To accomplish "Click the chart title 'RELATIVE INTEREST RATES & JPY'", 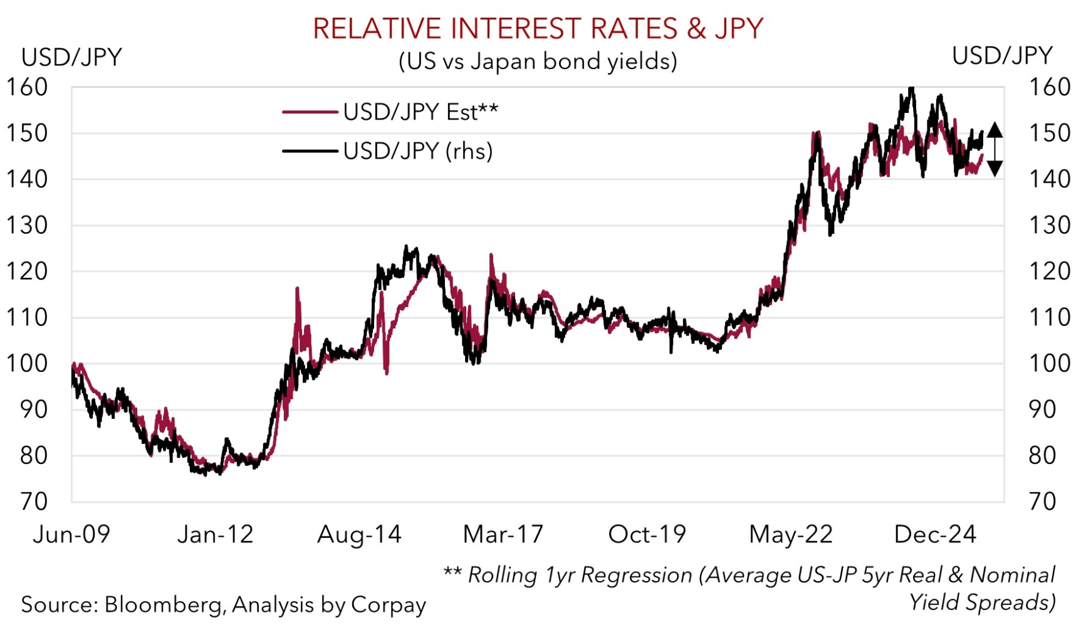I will [x=538, y=29].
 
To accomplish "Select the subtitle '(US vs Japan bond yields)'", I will [x=538, y=61].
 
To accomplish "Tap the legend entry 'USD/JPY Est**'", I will [x=420, y=112].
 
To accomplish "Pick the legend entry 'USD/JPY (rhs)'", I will [x=417, y=151].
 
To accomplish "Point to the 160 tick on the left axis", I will [x=27, y=87].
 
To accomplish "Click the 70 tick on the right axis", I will [x=1042, y=502].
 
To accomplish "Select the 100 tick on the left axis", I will [x=27, y=364].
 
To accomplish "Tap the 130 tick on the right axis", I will [x=1049, y=225].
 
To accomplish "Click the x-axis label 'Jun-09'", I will [x=71, y=534].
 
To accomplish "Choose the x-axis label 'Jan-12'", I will [x=215, y=534].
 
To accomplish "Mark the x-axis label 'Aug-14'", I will [x=359, y=534].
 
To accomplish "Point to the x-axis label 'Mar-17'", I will [x=503, y=534].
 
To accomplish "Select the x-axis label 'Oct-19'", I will [x=647, y=534].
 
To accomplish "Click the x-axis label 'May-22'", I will [x=791, y=534].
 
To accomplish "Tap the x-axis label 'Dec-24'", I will [x=935, y=534].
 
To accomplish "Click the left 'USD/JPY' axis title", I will [x=71, y=57].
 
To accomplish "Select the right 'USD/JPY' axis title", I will [x=1002, y=56].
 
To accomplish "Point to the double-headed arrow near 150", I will [x=995, y=149].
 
